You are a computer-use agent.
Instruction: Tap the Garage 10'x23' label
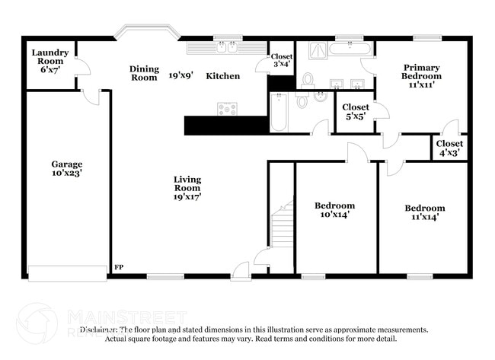coord(67,168)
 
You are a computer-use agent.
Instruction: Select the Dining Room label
coord(143,73)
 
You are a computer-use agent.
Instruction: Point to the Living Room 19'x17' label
coord(187,187)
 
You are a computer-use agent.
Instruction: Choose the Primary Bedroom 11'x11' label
coord(422,76)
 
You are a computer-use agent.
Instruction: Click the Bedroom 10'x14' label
coord(334,210)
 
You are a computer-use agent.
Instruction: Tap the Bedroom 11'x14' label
coord(424,212)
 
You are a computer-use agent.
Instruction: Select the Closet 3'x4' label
coord(281,60)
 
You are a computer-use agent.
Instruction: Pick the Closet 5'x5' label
coord(356,112)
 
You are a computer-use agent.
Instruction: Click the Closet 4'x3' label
coord(449,148)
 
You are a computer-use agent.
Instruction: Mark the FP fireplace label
coord(118,267)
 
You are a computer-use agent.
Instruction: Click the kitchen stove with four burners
coord(227,108)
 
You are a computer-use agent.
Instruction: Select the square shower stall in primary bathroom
coord(318,52)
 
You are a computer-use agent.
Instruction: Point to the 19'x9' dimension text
coord(181,76)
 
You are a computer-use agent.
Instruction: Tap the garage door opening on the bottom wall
coord(67,273)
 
